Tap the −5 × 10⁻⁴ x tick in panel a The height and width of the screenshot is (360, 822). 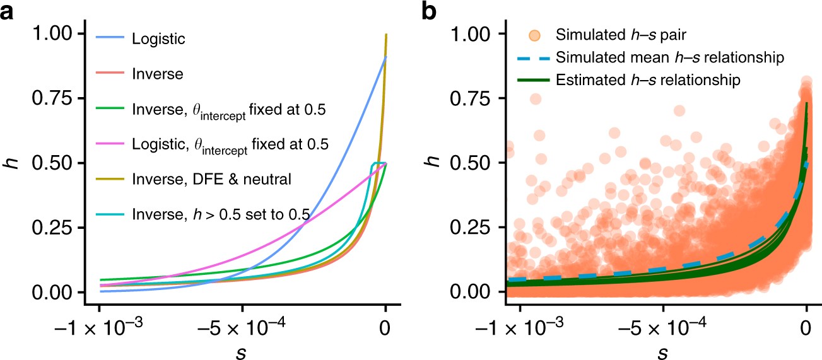(242, 328)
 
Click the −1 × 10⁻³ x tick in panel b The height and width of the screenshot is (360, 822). (520, 328)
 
